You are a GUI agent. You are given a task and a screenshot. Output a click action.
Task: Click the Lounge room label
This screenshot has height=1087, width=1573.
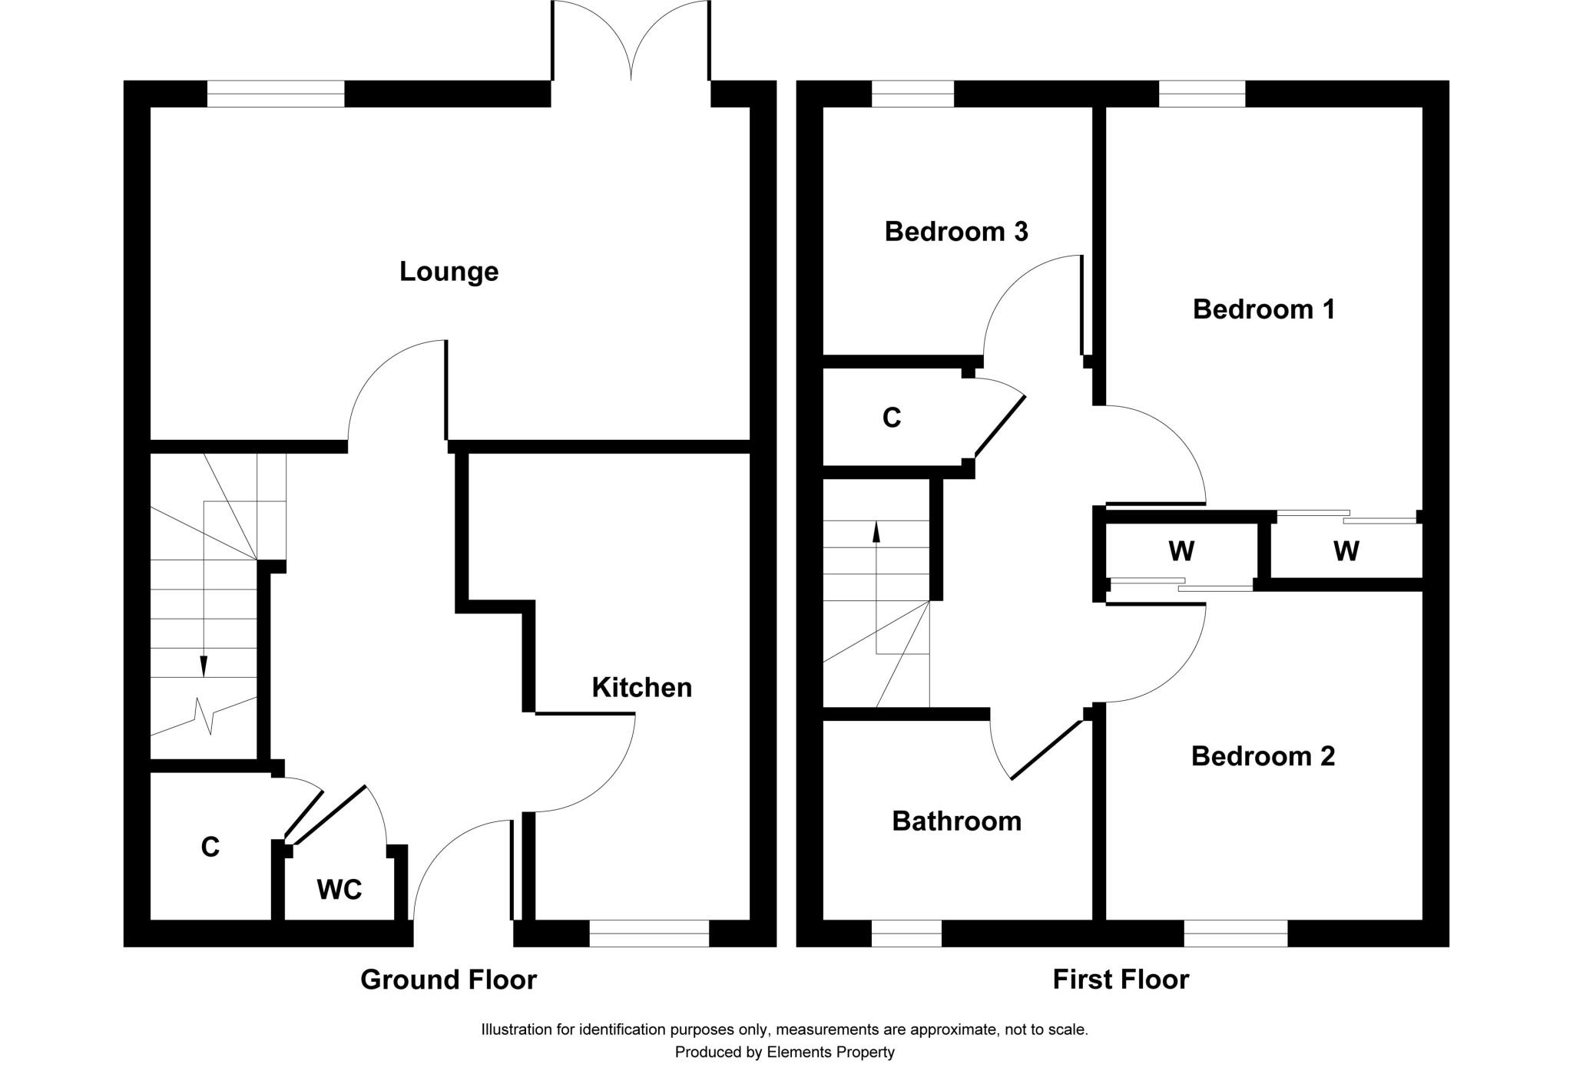point(449,272)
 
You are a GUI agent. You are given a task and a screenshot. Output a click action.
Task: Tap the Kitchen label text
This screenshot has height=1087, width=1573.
point(641,687)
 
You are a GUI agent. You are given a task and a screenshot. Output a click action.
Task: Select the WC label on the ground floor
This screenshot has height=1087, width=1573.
point(339,890)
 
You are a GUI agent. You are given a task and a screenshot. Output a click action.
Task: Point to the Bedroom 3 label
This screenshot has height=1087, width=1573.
point(955,231)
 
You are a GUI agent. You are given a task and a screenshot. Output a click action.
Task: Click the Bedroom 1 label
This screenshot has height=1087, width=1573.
point(1263,309)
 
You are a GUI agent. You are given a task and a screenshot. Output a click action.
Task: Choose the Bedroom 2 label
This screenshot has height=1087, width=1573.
point(1263,756)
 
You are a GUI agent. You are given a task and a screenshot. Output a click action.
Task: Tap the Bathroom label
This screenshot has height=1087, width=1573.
point(956,821)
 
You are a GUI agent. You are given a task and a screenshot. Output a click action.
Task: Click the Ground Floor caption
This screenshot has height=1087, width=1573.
point(449,980)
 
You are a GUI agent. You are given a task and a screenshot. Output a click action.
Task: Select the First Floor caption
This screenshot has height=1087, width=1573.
point(1120,980)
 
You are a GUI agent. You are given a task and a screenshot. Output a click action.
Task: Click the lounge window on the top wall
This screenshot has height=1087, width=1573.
point(276,94)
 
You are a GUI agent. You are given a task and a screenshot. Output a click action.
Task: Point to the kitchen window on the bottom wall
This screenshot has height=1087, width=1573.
point(649,933)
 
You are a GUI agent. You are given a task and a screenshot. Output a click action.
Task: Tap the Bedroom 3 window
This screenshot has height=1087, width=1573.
point(912,94)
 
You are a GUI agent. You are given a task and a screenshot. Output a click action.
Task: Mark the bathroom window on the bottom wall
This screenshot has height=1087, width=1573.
point(906,933)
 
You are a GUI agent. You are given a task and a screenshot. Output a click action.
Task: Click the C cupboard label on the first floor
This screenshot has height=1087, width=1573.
point(891,418)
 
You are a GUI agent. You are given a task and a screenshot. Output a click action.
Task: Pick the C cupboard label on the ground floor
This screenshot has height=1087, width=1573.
point(210,847)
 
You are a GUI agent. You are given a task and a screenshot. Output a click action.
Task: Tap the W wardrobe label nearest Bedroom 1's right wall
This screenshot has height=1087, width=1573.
point(1346,550)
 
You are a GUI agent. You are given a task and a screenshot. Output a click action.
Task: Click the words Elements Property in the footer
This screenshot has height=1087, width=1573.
point(830,1052)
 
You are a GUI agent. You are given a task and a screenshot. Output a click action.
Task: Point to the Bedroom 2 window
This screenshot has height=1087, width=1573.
point(1235,933)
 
